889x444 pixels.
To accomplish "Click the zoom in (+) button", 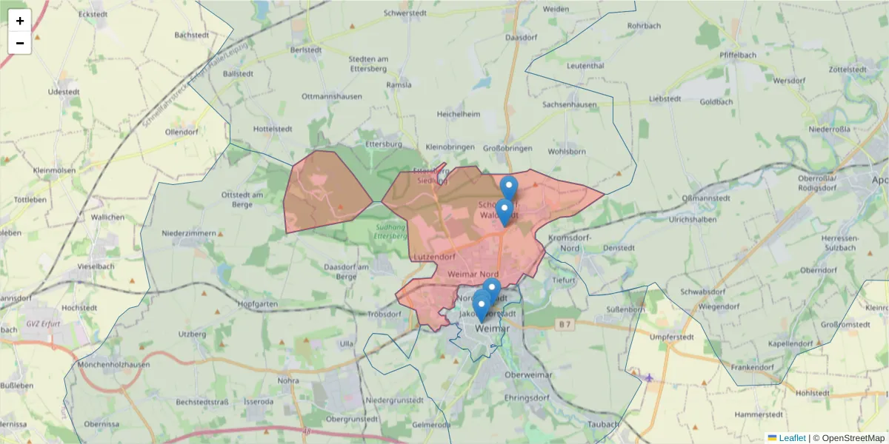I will coord(20,21).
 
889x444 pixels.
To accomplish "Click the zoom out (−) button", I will coord(20,43).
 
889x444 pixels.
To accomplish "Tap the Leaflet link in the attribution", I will coord(791,438).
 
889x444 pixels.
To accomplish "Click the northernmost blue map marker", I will coord(508,187).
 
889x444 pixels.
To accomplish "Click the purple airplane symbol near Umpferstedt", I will coord(650,378).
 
